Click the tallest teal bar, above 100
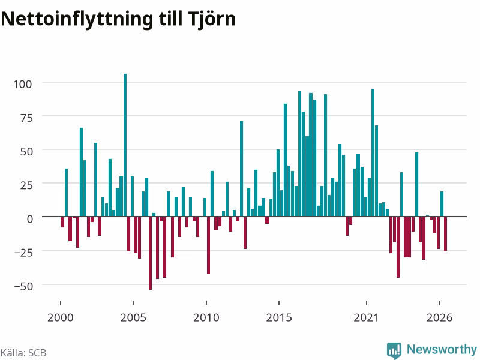click(x=125, y=145)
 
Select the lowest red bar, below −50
click(x=151, y=253)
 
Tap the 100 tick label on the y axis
click(x=23, y=84)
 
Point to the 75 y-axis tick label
click(x=26, y=118)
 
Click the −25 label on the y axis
click(x=23, y=253)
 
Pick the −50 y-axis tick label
click(x=23, y=286)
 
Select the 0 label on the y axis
click(x=29, y=218)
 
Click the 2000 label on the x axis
click(x=61, y=317)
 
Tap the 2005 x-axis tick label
click(x=133, y=317)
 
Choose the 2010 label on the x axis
click(x=206, y=317)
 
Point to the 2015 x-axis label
click(x=279, y=317)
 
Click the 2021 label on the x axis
click(x=367, y=317)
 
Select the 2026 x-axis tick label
click(x=440, y=317)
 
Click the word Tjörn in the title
click(x=212, y=20)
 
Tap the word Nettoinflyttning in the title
click(x=77, y=20)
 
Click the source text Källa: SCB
click(x=23, y=353)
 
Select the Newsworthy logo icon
click(x=394, y=350)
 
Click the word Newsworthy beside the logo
click(x=442, y=349)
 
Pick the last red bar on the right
click(x=445, y=233)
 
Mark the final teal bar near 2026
click(x=442, y=204)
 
